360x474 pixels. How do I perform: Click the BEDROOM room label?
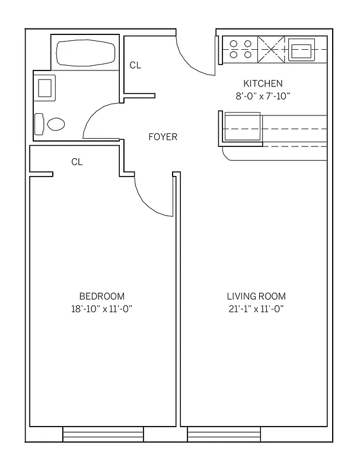coord(102,296)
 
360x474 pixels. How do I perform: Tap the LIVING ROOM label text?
coord(256,296)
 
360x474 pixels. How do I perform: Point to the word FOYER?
coord(163,137)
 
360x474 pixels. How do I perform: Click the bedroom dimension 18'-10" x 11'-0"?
coord(102,308)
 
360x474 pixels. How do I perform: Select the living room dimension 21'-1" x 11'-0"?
coord(256,308)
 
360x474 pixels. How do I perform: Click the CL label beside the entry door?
coord(135,65)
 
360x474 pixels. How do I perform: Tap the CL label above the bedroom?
coord(77,162)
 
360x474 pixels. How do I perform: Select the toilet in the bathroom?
coord(52,124)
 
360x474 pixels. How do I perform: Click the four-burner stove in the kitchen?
coord(240,49)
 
